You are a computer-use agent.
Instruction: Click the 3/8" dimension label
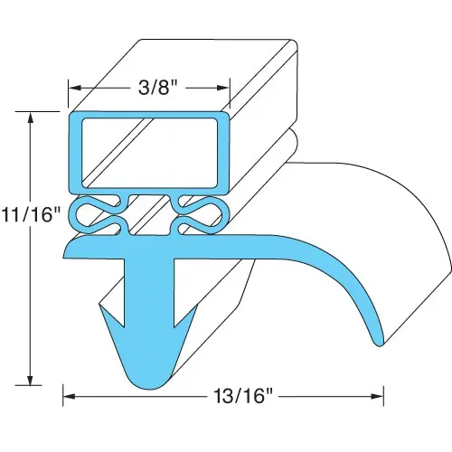[158, 88]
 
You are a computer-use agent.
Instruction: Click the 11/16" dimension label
[31, 215]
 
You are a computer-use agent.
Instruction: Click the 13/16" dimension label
[243, 396]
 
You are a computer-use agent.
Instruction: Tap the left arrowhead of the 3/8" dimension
[75, 88]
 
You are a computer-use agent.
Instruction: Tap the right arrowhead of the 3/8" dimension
[223, 88]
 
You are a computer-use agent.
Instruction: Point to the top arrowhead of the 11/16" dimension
[30, 119]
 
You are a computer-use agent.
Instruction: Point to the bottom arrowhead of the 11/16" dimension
[30, 379]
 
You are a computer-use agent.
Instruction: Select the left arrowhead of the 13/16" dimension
[70, 396]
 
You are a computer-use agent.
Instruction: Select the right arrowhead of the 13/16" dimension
[377, 396]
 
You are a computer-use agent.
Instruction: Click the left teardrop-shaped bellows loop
[97, 215]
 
